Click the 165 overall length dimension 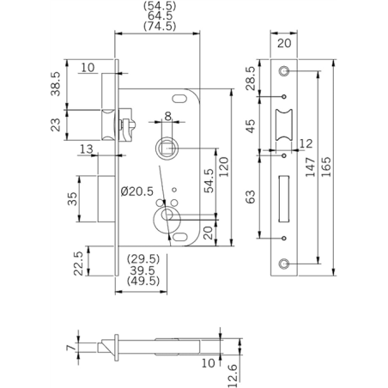click(x=330, y=167)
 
